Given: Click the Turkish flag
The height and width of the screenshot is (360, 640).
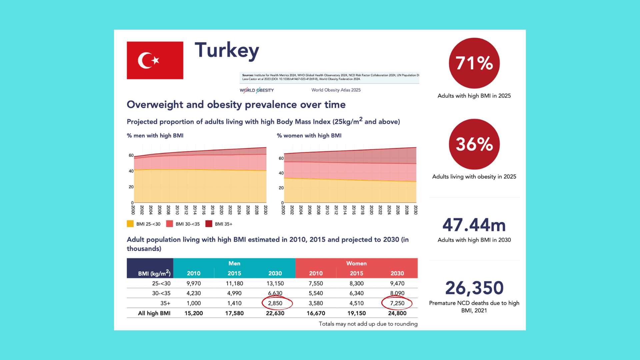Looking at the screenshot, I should pos(155,60).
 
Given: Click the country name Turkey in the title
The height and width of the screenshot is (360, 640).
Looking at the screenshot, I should pos(227,50).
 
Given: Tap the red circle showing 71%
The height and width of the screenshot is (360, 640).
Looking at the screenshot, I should pos(474,63).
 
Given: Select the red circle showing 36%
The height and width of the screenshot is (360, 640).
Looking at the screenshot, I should pos(474,144).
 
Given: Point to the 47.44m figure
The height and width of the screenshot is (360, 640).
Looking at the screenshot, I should pos(474,225).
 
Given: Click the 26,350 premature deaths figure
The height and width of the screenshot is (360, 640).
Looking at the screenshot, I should pos(474,288).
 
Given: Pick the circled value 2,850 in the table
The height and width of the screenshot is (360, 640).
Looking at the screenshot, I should pos(275,303).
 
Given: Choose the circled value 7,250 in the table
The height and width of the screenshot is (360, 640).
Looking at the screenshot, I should pos(397,303).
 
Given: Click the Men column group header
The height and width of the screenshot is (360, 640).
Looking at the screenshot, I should pos(234,263).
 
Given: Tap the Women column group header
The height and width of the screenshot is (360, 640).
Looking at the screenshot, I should pos(356,263).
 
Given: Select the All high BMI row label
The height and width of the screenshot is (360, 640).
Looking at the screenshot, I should pos(154,313).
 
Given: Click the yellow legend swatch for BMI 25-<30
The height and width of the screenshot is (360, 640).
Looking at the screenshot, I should pos(130,224).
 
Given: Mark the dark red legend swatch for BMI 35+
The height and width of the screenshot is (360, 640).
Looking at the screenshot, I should pos(209,224).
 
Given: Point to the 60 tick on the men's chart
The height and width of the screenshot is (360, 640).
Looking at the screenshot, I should pos(131,155).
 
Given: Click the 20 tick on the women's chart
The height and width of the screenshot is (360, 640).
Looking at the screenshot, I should pos(281,188).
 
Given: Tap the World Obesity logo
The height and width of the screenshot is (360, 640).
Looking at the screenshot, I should pos(257,90).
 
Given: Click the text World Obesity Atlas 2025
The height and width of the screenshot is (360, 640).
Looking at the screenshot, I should pos(336,90).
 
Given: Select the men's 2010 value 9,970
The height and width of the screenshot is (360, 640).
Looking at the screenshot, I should pos(194,284).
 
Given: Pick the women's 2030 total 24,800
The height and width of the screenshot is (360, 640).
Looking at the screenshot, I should pos(397,313).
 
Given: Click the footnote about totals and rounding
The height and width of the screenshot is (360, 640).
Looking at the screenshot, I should pos(368,324).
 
